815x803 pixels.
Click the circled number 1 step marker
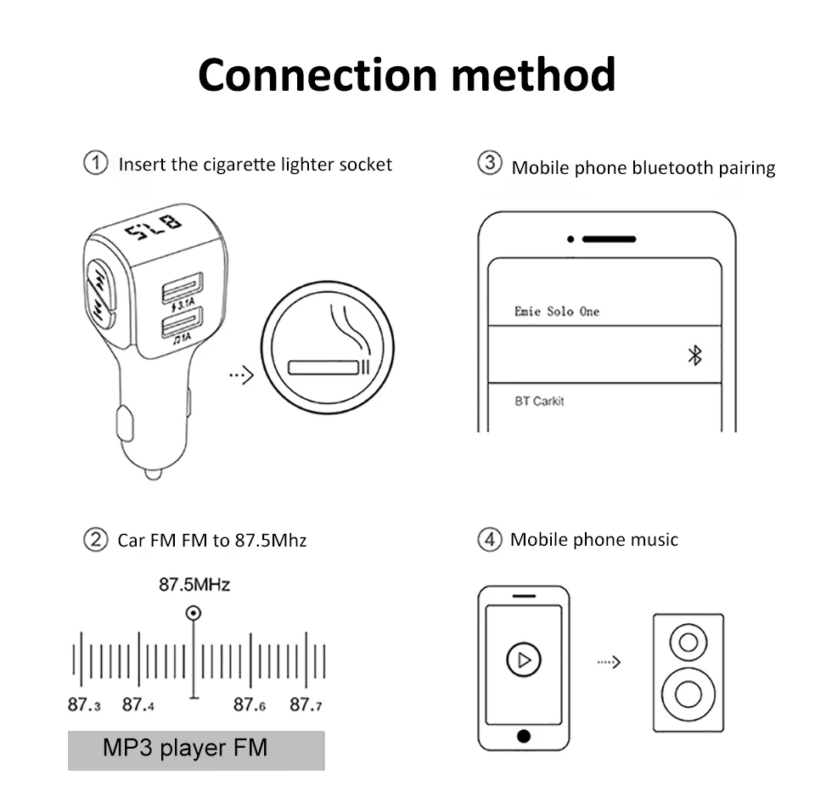(x=95, y=163)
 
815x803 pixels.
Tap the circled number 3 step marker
(x=489, y=164)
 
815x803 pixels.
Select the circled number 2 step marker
(x=95, y=540)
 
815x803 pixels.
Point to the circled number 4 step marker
(x=489, y=540)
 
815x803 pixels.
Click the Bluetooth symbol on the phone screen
(x=694, y=356)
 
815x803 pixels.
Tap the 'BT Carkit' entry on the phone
(x=539, y=401)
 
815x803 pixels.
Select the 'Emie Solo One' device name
(x=556, y=312)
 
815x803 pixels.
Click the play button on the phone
(x=524, y=659)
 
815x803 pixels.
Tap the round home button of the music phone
(x=524, y=735)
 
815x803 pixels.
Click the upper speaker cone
(x=688, y=641)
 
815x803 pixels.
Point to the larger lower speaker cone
(x=688, y=694)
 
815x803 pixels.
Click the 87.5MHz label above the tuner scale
(x=194, y=585)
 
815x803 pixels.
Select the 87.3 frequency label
(x=84, y=705)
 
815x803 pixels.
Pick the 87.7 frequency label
(x=306, y=705)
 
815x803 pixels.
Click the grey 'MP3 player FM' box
(x=196, y=750)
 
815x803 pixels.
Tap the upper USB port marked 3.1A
(x=183, y=287)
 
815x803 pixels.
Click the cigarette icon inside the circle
(x=329, y=367)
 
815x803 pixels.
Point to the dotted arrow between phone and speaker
(x=609, y=661)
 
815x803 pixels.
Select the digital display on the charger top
(x=154, y=228)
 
